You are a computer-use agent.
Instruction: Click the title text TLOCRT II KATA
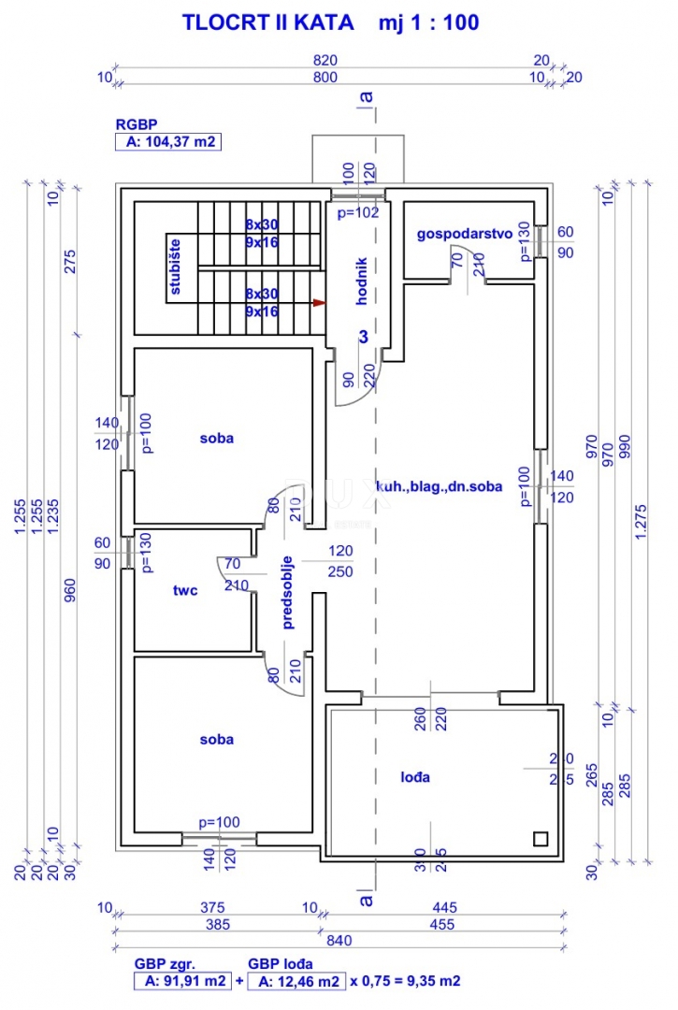pyautogui.click(x=267, y=22)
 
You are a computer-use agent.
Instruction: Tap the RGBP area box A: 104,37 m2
pyautogui.click(x=167, y=142)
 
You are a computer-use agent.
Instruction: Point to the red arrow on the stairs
pyautogui.click(x=319, y=303)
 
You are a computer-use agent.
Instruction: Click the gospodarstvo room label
pyautogui.click(x=464, y=234)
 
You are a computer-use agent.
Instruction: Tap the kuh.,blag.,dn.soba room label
pyautogui.click(x=439, y=486)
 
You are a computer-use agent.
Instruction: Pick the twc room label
pyautogui.click(x=185, y=590)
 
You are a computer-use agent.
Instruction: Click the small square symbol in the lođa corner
pyautogui.click(x=541, y=837)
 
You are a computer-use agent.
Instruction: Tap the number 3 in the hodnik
pyautogui.click(x=364, y=336)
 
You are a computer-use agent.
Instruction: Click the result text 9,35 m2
pyautogui.click(x=428, y=981)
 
